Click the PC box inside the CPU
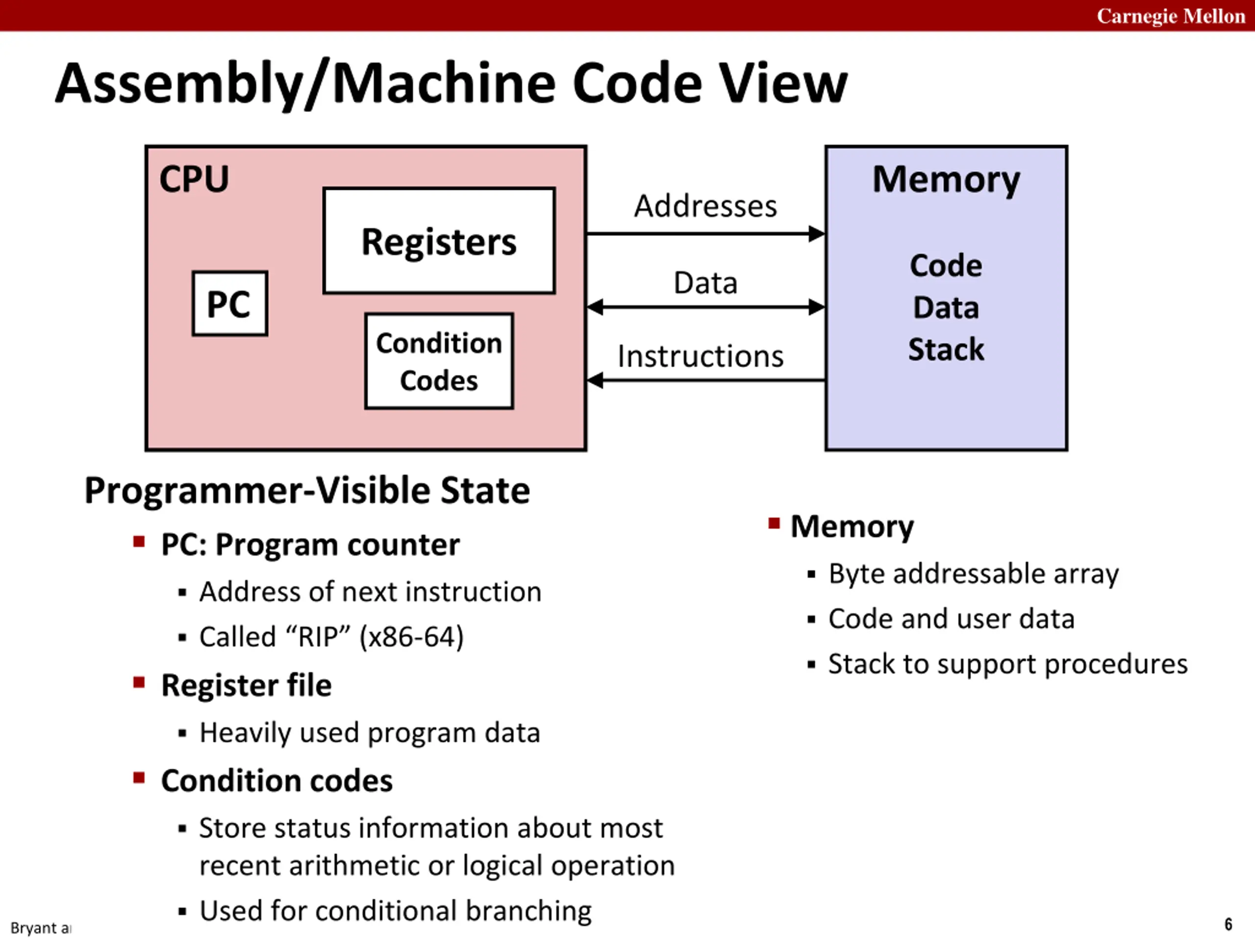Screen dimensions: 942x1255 (230, 304)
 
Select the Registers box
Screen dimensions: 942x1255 (439, 241)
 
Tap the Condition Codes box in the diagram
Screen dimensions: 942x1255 (439, 361)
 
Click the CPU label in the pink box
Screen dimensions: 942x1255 (194, 180)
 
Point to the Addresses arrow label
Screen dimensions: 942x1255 (705, 206)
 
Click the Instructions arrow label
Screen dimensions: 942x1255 (700, 357)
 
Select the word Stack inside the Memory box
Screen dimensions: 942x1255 (946, 349)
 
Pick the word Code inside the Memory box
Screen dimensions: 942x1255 (946, 266)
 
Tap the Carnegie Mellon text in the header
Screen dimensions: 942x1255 (1171, 16)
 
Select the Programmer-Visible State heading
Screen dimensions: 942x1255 (307, 490)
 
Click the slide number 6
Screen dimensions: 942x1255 (1228, 924)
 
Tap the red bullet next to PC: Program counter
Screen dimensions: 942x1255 (139, 541)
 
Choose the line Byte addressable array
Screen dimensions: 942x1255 (973, 574)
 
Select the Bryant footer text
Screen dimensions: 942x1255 (40, 928)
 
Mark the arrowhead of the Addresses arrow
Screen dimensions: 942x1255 (817, 234)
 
